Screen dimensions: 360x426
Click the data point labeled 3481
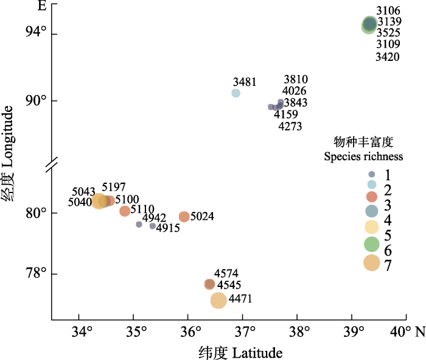(x=236, y=93)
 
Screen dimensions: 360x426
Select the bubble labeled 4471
(x=218, y=300)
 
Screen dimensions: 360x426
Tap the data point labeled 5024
(x=184, y=217)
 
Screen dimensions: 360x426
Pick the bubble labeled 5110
(x=125, y=211)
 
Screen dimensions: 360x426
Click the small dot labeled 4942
(x=139, y=225)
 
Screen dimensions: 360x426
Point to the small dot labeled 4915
(x=153, y=226)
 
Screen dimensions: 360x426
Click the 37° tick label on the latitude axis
(x=245, y=333)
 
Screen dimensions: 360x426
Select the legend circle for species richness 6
(x=371, y=244)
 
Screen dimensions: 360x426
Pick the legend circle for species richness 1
(x=371, y=174)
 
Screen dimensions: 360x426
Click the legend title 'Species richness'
(x=363, y=157)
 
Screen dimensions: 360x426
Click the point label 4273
(x=290, y=127)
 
